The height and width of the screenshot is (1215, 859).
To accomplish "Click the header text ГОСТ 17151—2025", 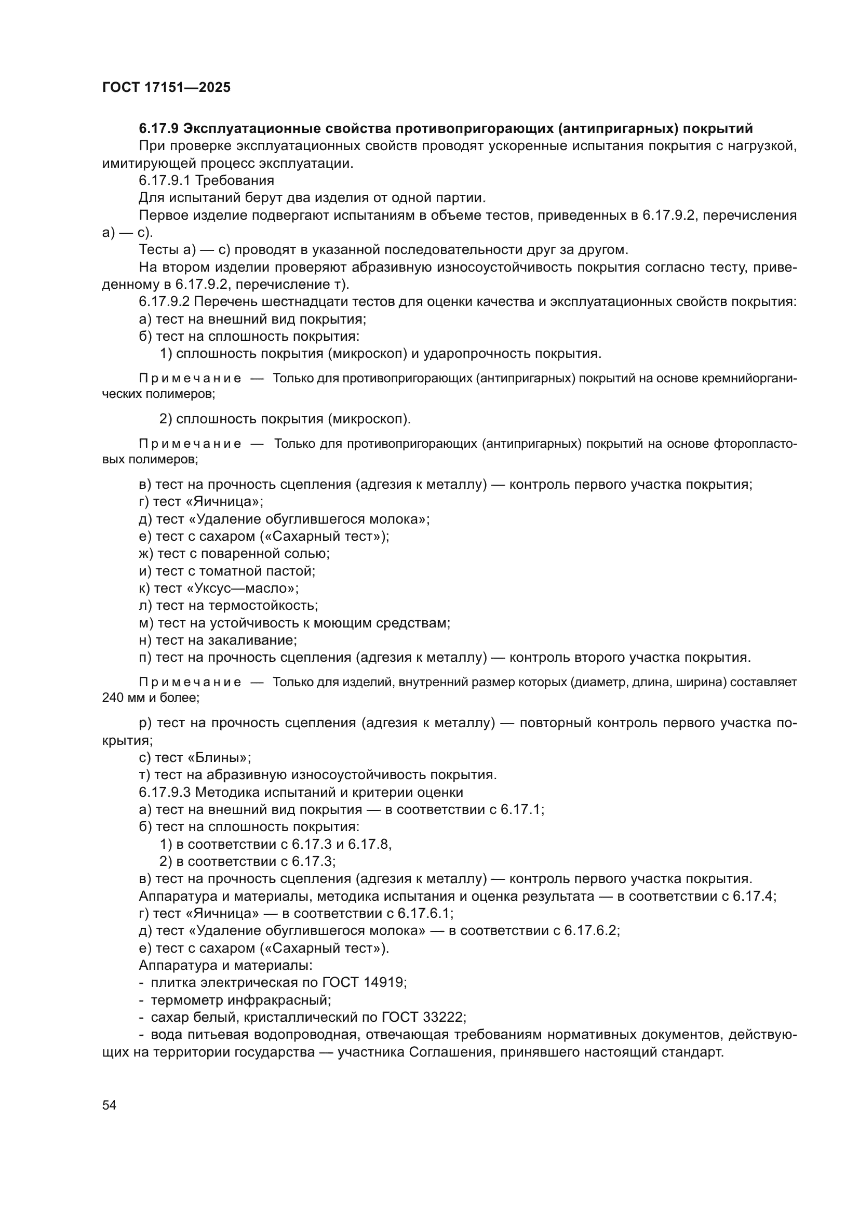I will pos(166,88).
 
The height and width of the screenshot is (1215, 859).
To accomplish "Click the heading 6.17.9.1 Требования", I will pos(206,180).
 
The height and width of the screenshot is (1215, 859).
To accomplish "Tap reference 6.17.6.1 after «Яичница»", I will pos(424,913).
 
